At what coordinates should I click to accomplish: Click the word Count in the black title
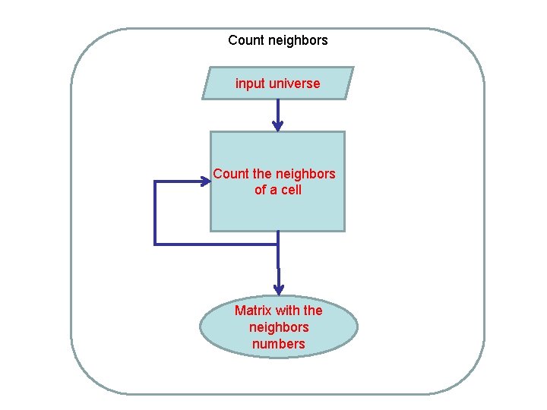point(245,40)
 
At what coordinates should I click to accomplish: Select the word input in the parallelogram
point(248,84)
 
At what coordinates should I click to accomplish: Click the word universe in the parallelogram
point(292,84)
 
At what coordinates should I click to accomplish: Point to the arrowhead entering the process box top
point(278,126)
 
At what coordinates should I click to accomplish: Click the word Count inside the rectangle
point(230,174)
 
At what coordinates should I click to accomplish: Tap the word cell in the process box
point(291,190)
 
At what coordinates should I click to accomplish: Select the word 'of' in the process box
point(261,190)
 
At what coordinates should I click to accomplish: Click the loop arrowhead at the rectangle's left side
point(205,181)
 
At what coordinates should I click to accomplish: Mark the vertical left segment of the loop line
point(155,213)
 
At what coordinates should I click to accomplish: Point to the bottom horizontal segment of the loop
point(217,244)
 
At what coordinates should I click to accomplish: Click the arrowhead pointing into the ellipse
point(279,289)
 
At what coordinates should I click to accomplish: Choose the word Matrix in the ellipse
point(253,311)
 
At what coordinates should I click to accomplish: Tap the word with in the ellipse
point(288,311)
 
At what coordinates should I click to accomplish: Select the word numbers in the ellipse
point(279,344)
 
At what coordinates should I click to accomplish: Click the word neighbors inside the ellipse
point(279,327)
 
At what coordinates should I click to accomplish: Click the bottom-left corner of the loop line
point(155,244)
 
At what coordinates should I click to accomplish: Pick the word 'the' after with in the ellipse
point(313,311)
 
